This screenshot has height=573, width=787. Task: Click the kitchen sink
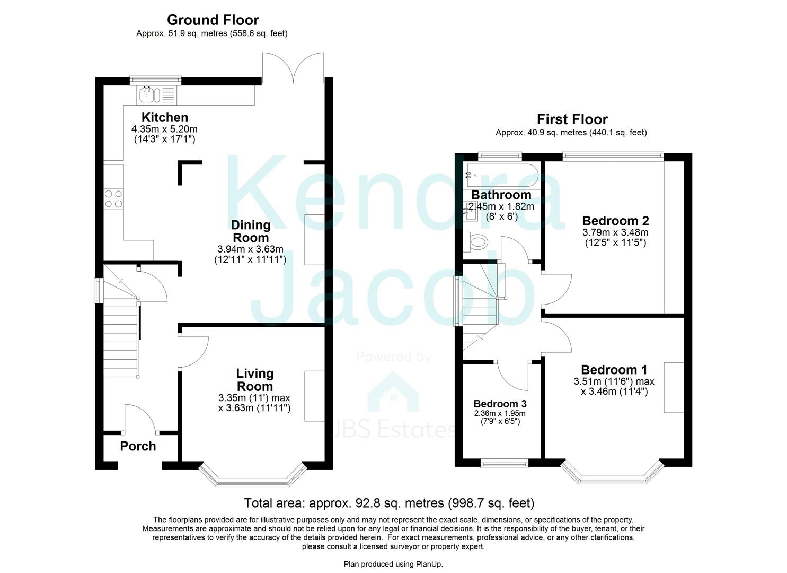[x=157, y=94]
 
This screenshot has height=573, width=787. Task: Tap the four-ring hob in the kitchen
[x=113, y=199]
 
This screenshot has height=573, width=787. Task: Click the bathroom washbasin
[x=470, y=211]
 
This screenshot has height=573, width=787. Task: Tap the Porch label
[x=138, y=446]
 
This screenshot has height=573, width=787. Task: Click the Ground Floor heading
[x=213, y=20]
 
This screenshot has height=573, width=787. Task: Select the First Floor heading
[x=572, y=119]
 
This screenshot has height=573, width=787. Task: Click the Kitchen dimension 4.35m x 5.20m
[x=164, y=129]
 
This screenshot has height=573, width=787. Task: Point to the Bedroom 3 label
[x=500, y=403]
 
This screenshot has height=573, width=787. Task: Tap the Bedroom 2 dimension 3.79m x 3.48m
[x=615, y=232]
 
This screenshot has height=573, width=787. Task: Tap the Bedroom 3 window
[x=504, y=464]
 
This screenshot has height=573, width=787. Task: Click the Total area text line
[x=389, y=503]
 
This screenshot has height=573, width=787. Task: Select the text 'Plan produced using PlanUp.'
[x=393, y=564]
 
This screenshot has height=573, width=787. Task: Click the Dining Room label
[x=251, y=231]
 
